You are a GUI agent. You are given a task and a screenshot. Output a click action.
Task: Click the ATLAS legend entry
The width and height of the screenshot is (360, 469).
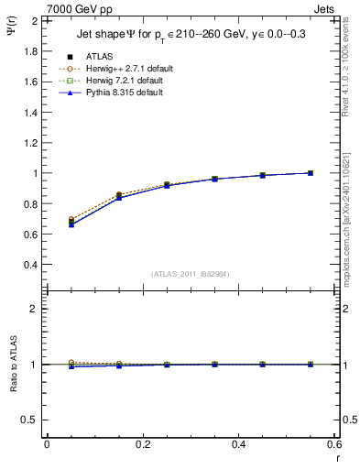(101, 56)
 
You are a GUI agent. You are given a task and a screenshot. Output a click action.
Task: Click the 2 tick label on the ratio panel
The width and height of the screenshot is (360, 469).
(34, 309)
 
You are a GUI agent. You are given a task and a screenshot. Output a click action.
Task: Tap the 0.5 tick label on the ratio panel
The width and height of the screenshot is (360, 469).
(29, 420)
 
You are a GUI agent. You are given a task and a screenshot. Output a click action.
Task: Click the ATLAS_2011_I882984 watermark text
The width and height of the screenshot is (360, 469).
(191, 273)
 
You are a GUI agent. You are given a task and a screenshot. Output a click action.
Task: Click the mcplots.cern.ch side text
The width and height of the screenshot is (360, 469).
(351, 220)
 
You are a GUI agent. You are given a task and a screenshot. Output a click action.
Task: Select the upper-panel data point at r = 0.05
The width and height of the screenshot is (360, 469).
(71, 223)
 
